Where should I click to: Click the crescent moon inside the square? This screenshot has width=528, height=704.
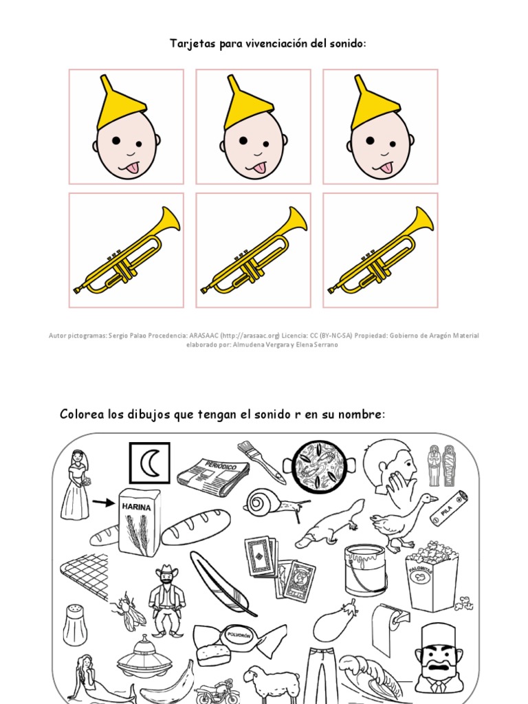[148, 463]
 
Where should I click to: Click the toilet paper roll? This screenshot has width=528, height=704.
[390, 626]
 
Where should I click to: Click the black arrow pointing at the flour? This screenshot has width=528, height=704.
[104, 503]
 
